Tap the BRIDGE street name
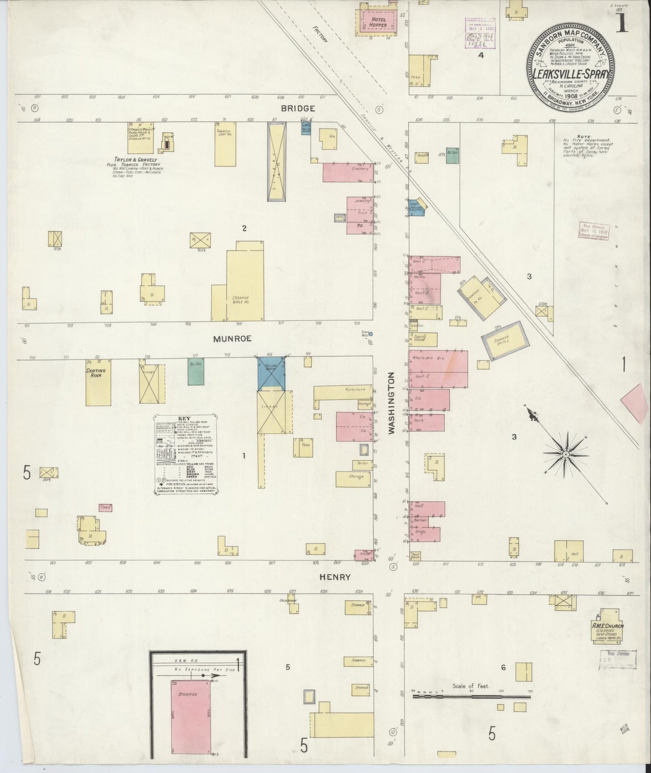[x=297, y=109]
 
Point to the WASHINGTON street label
[x=391, y=403]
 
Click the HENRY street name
[x=335, y=577]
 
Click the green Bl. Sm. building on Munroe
[x=196, y=372]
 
